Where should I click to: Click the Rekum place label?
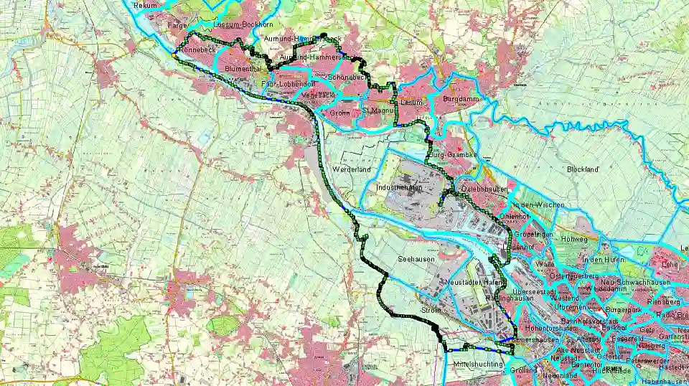(145, 5)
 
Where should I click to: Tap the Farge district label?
(177, 25)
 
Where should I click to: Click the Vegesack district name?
(299, 94)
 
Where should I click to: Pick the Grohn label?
(340, 113)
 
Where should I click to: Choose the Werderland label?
(352, 169)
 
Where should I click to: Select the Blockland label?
(582, 170)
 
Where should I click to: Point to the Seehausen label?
(414, 258)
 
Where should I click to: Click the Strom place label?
(430, 310)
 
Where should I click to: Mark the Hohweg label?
(573, 238)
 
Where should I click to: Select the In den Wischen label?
(540, 205)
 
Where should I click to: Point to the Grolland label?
(524, 370)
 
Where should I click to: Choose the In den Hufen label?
(601, 259)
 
